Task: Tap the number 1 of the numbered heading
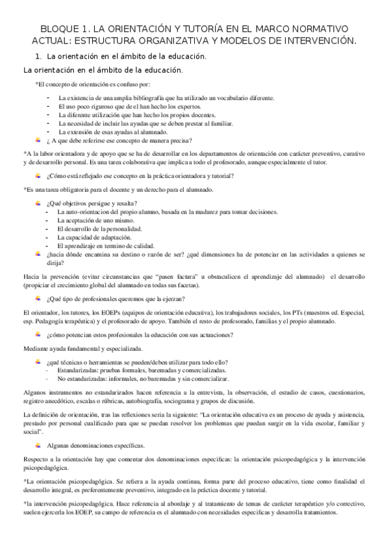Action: [38, 57]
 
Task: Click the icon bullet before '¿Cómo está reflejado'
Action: [38, 175]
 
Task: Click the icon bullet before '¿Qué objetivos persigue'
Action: [38, 203]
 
